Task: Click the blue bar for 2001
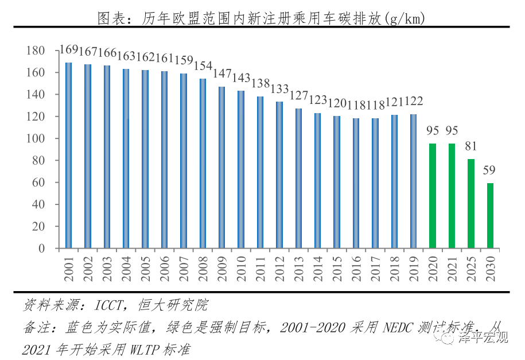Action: point(68,155)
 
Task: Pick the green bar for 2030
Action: point(490,215)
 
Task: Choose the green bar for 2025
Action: point(471,203)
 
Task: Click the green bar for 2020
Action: point(433,196)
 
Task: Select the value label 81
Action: point(471,146)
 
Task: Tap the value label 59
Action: point(490,170)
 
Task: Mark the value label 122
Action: point(414,102)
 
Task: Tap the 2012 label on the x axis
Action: point(279,269)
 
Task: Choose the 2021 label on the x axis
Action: point(452,269)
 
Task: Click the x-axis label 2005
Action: point(145,269)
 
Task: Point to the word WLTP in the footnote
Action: point(138,349)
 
